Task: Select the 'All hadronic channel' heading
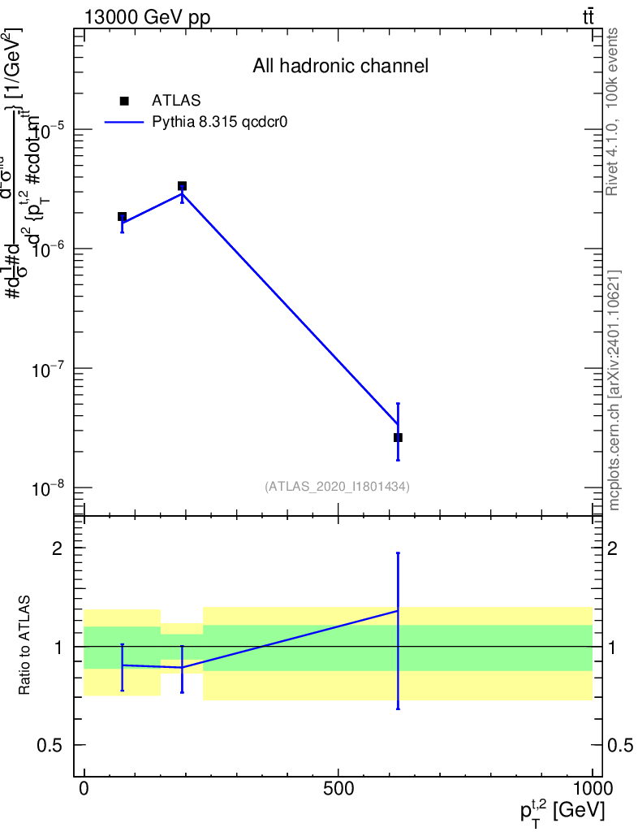pos(340,66)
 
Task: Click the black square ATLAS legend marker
pos(124,101)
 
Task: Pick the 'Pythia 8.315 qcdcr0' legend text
pos(220,123)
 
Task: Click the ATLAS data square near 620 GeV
pos(398,437)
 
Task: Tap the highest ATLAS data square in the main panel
pos(183,186)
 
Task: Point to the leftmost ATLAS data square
pos(122,217)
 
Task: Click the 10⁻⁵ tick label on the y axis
pos(50,129)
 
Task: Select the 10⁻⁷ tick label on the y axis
pos(50,369)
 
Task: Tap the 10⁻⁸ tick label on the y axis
pos(50,488)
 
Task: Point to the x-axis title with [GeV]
pos(562,810)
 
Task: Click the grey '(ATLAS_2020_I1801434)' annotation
pos(337,487)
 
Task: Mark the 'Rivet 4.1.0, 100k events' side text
pos(613,112)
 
